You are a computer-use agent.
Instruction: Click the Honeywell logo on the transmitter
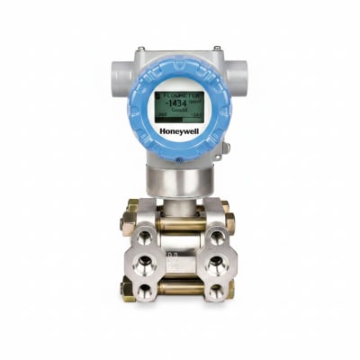(x=180, y=129)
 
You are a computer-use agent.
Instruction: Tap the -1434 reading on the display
(x=176, y=102)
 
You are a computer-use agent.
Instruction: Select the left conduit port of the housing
(x=118, y=76)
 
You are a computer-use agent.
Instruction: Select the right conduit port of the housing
(x=242, y=76)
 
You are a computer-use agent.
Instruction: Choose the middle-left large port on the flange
(x=143, y=263)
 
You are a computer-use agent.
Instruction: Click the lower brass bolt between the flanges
(x=180, y=290)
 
